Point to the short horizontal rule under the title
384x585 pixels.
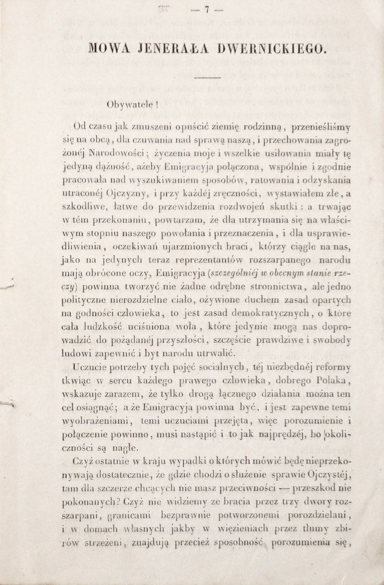(x=207, y=77)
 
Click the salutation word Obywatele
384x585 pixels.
(x=127, y=103)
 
